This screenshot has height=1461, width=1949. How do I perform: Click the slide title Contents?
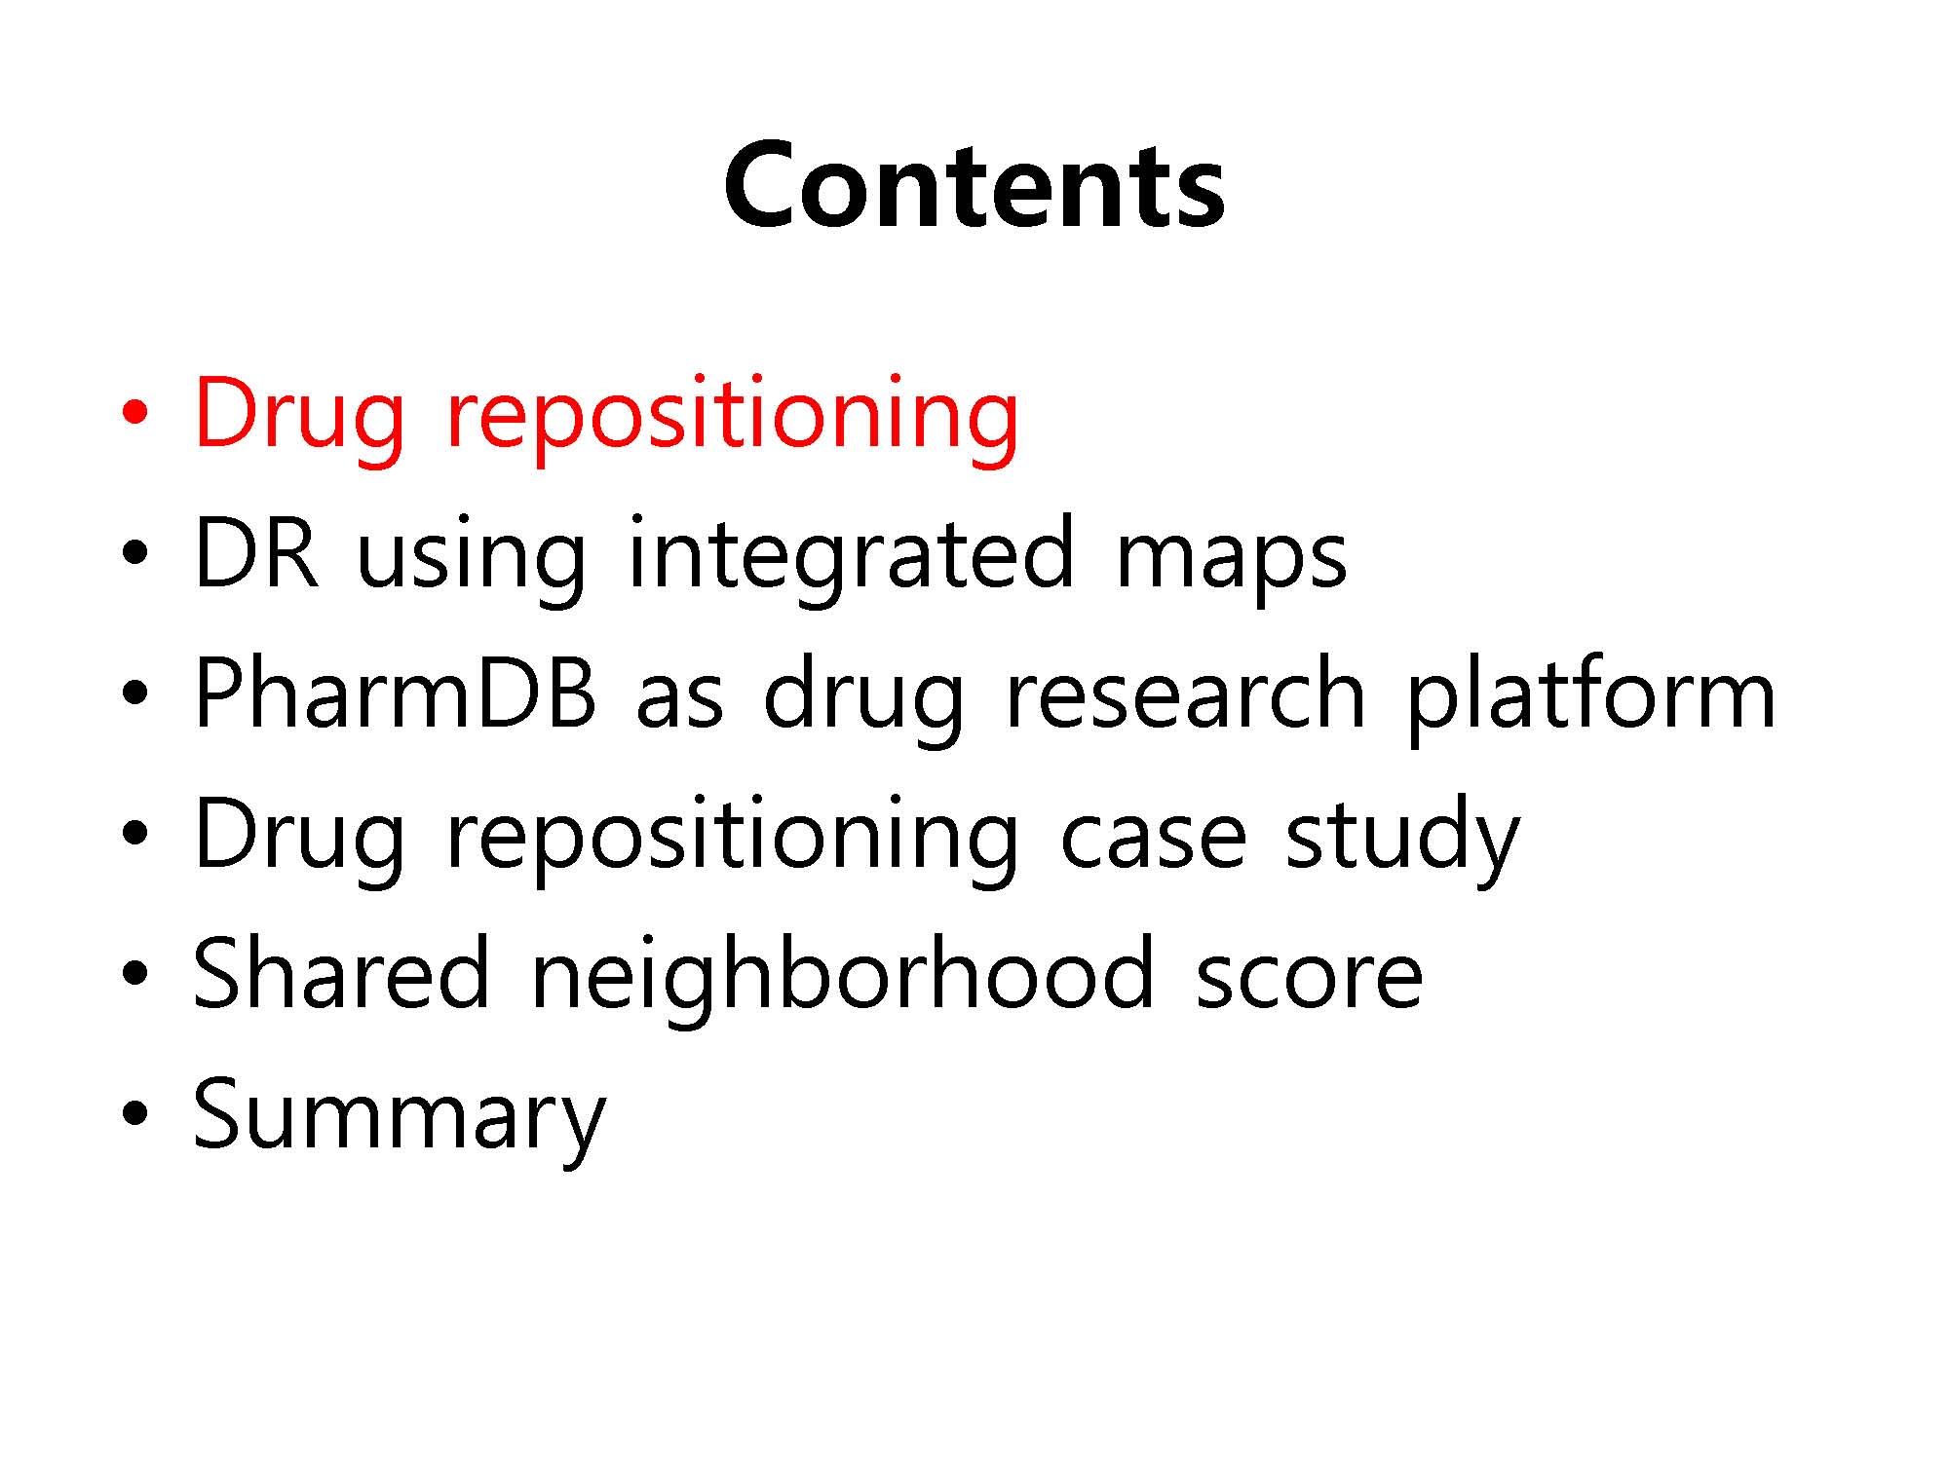click(x=974, y=185)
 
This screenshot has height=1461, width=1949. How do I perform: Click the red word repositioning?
click(x=732, y=415)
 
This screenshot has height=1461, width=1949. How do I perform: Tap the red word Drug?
click(x=299, y=415)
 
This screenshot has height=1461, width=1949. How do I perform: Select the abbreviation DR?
click(x=256, y=552)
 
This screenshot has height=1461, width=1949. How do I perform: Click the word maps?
click(x=1231, y=565)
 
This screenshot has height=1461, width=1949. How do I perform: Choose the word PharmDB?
click(x=395, y=693)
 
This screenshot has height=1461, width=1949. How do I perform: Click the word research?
click(x=1185, y=693)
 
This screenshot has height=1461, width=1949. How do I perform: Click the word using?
click(x=472, y=560)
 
